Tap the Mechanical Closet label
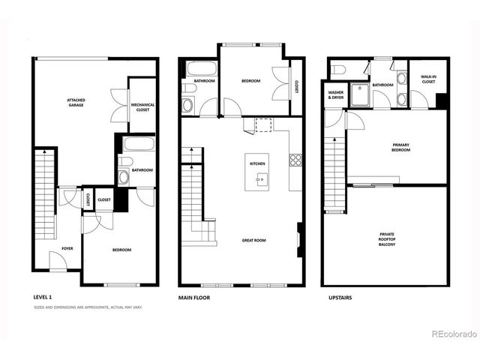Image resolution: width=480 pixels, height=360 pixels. tap(142, 107)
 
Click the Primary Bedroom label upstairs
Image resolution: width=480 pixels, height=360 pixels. tap(400, 147)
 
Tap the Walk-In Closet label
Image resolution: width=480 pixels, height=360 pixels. tap(429, 79)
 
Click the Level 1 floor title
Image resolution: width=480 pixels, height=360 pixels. tap(43, 298)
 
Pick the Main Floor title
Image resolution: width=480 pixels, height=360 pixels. tap(194, 298)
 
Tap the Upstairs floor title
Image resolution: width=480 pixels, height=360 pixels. tap(340, 298)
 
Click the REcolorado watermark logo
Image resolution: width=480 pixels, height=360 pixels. tap(450, 333)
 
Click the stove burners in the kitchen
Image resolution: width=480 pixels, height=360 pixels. tap(295, 160)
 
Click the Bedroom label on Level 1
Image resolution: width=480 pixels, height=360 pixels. tap(121, 250)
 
